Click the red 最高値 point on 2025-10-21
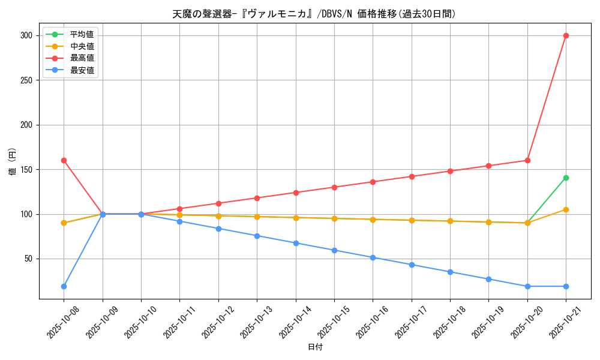[x=566, y=35]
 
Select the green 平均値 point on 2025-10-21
[x=566, y=178]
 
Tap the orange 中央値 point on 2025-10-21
[x=566, y=209]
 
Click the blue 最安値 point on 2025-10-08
[x=64, y=286]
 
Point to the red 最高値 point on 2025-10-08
[x=64, y=160]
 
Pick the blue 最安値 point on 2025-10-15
[x=334, y=250]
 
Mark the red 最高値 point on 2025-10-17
[x=412, y=176]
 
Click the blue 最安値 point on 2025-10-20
[x=527, y=286]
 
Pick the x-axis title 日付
[x=314, y=347]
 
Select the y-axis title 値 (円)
[x=13, y=161]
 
